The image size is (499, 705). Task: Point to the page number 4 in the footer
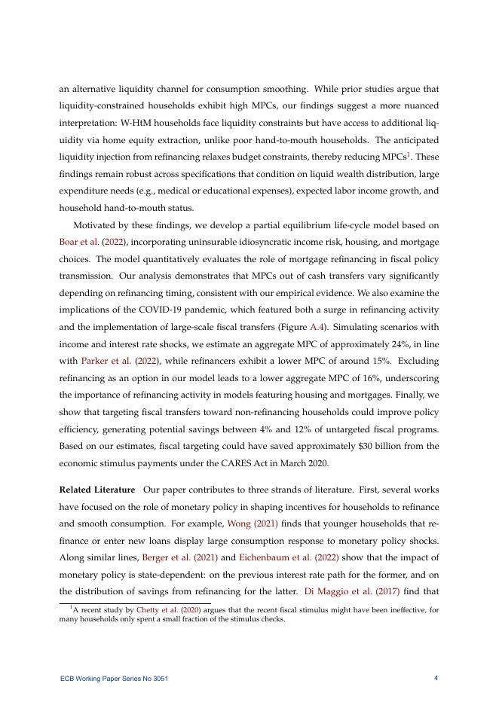click(436, 678)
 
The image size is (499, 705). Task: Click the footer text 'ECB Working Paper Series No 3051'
click(115, 679)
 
